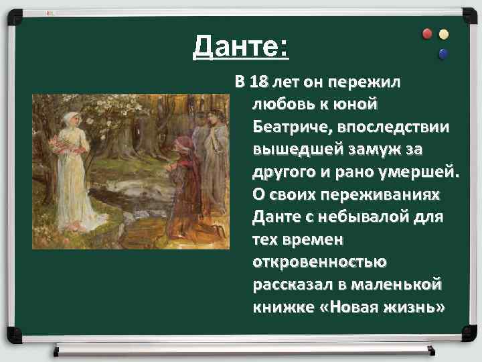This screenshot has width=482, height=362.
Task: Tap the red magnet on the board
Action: click(x=428, y=34)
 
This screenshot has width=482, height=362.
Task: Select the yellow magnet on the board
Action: click(x=444, y=35)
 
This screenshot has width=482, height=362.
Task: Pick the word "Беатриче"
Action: click(x=291, y=126)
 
